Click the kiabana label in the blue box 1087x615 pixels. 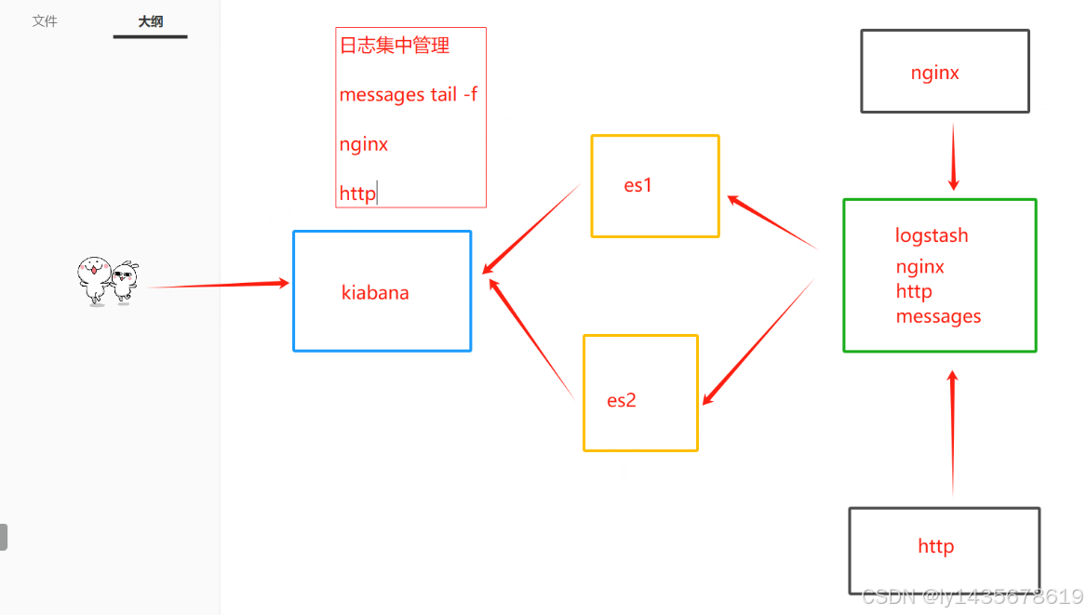375,293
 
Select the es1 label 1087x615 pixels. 638,185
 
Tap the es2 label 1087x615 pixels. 622,401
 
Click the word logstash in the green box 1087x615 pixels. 932,235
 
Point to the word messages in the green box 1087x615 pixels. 938,316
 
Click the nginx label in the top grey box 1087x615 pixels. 935,73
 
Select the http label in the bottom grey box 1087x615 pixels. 935,546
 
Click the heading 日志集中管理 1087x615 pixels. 395,46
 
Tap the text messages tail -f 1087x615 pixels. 408,94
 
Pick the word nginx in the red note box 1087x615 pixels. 364,144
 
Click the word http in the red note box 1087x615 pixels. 357,194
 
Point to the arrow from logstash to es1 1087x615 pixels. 772,222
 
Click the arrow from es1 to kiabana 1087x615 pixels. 530,229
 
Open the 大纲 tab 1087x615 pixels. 151,21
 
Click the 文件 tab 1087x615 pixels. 45,20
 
